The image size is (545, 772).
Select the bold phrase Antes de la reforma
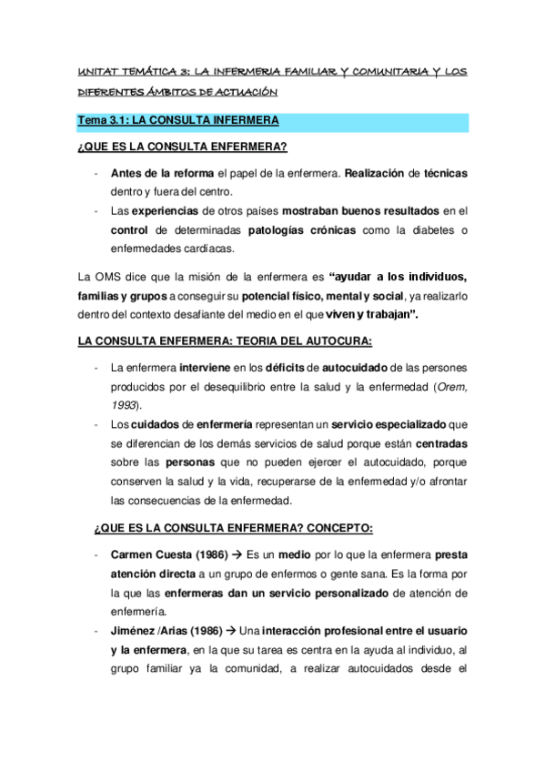click(162, 174)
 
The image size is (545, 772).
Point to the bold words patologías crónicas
click(300, 230)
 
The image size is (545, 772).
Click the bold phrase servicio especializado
click(389, 424)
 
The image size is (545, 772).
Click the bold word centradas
click(441, 443)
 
